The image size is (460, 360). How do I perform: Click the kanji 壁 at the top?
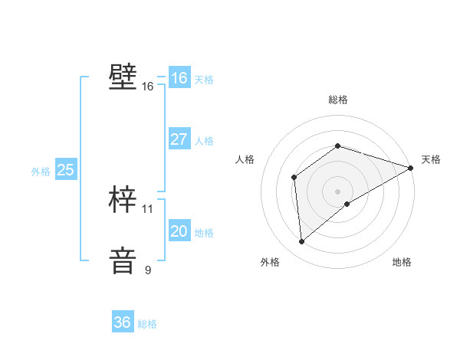(x=123, y=77)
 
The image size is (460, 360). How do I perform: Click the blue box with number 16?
(x=179, y=78)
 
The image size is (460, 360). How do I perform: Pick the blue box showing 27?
(x=179, y=139)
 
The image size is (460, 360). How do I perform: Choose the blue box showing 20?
(x=179, y=231)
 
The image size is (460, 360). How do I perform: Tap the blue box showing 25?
(x=65, y=170)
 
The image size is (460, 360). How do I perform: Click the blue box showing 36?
(x=122, y=322)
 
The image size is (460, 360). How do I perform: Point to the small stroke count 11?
(x=148, y=208)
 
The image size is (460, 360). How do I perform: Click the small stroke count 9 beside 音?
(x=148, y=270)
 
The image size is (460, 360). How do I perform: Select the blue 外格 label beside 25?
(x=41, y=172)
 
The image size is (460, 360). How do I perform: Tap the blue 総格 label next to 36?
(x=147, y=324)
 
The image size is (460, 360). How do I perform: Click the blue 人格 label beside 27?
(x=204, y=141)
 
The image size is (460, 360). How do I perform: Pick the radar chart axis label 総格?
(x=337, y=100)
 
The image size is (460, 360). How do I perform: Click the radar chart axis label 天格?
(x=431, y=159)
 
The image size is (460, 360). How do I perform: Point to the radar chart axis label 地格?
(x=402, y=262)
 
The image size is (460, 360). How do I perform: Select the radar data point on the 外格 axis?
(x=301, y=241)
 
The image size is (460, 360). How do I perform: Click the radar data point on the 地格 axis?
(x=347, y=204)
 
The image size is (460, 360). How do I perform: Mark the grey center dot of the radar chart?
(x=337, y=191)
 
